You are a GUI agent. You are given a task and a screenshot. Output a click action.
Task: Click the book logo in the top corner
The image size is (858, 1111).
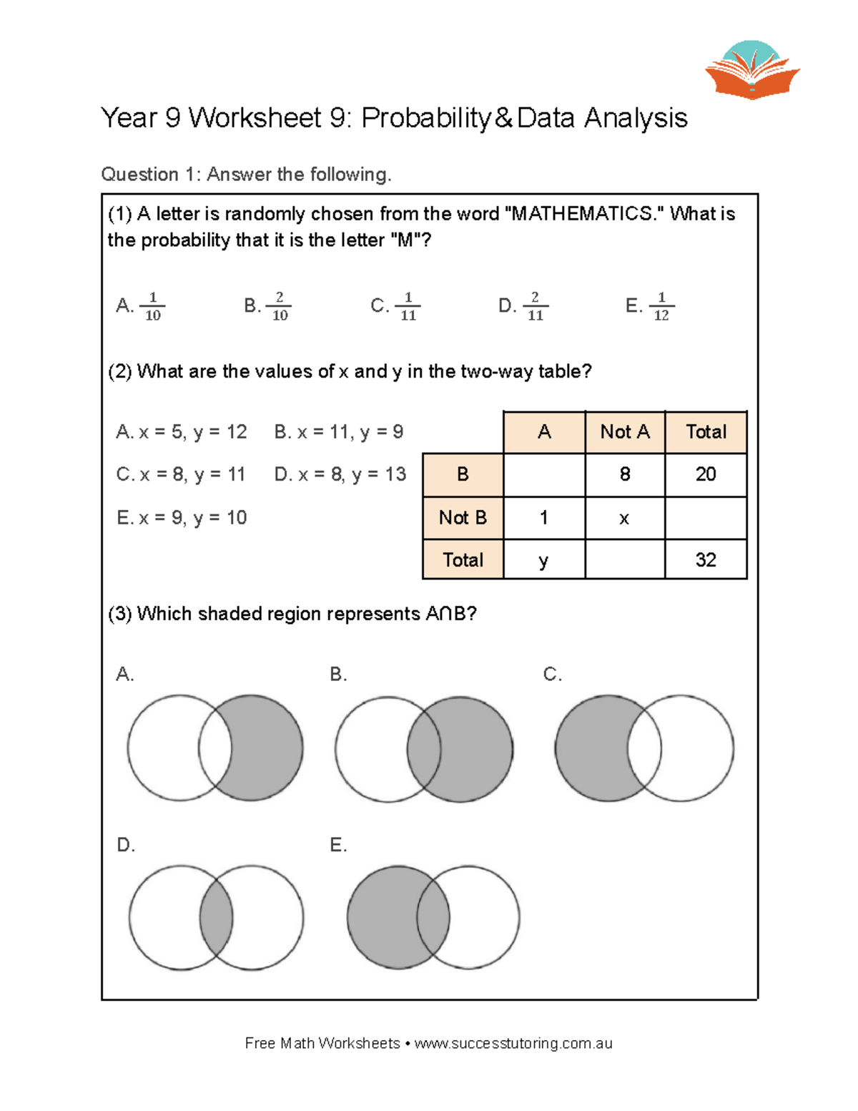(752, 71)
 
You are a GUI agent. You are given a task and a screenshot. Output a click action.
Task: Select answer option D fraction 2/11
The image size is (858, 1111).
(535, 306)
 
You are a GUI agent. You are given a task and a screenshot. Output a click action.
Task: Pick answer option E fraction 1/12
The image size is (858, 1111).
(661, 306)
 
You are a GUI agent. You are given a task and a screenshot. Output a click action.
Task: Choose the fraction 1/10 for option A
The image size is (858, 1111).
(152, 306)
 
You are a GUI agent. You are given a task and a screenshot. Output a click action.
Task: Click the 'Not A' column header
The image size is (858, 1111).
(624, 432)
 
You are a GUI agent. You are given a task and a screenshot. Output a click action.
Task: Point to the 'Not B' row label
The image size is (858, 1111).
(463, 517)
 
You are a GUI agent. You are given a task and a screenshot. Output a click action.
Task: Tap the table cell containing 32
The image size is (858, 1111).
(705, 559)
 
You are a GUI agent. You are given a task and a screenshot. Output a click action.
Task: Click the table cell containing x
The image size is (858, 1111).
(624, 518)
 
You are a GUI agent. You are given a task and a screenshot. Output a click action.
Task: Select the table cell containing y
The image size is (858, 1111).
(543, 560)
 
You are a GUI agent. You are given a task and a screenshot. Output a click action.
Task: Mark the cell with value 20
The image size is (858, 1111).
(705, 474)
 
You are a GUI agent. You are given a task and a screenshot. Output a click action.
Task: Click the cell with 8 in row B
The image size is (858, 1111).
(624, 474)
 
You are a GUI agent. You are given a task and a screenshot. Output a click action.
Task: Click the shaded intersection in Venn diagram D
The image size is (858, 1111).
(216, 918)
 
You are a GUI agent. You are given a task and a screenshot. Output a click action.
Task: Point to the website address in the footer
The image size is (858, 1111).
(513, 1043)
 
